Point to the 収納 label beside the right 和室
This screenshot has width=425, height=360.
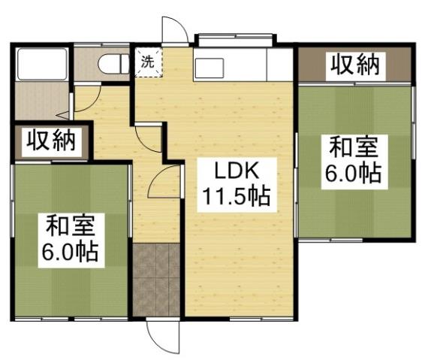[x=354, y=65]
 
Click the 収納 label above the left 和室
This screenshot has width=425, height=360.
[x=52, y=141]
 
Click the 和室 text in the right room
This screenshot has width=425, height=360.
[x=352, y=145]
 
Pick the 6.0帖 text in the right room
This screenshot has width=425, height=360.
[x=352, y=174]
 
